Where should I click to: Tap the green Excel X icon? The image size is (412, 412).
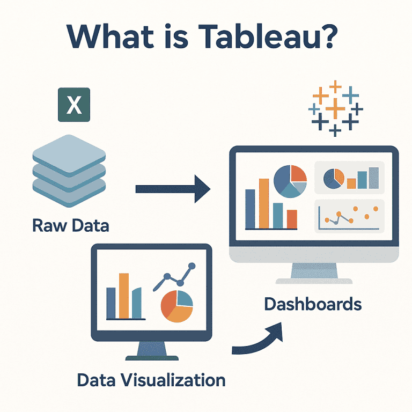tap(74, 105)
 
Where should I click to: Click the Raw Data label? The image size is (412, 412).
tap(71, 225)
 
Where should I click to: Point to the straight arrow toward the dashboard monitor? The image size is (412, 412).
tap(172, 188)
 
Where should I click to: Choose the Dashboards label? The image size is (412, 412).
tap(313, 304)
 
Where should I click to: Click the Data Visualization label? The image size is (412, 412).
tap(151, 380)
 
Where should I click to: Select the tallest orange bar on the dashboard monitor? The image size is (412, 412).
tap(264, 203)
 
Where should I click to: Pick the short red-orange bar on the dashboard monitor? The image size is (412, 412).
tap(292, 218)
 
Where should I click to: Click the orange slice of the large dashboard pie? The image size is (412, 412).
tap(298, 174)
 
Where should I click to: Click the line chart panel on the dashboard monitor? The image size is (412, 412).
tap(350, 216)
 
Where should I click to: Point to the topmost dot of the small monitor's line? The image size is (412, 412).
tap(190, 266)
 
